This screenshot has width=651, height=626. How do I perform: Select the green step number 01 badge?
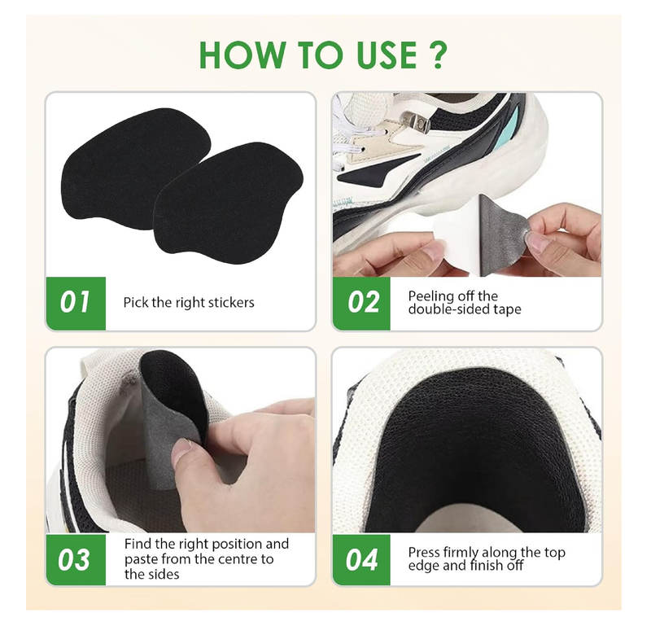point(75,303)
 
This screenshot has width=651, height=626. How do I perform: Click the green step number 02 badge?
point(362,303)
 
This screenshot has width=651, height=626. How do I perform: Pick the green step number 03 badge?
point(75,559)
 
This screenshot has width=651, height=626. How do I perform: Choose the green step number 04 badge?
point(362,559)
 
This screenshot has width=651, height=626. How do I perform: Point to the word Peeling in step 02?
point(430,296)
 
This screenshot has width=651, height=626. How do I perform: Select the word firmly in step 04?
point(464,553)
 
